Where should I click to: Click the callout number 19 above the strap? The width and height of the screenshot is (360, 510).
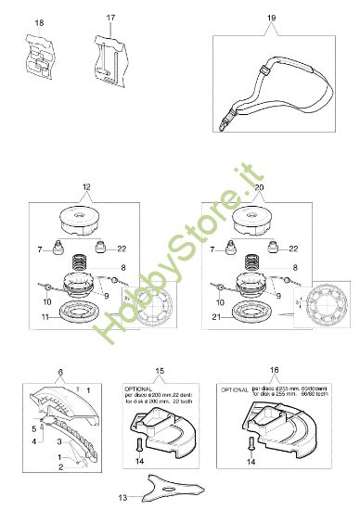[270, 18]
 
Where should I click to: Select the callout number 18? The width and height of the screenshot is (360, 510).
[38, 20]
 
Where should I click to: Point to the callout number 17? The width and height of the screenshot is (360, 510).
[110, 18]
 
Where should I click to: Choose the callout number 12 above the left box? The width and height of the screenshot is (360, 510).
[86, 188]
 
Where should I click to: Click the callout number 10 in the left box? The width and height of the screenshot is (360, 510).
[48, 302]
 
